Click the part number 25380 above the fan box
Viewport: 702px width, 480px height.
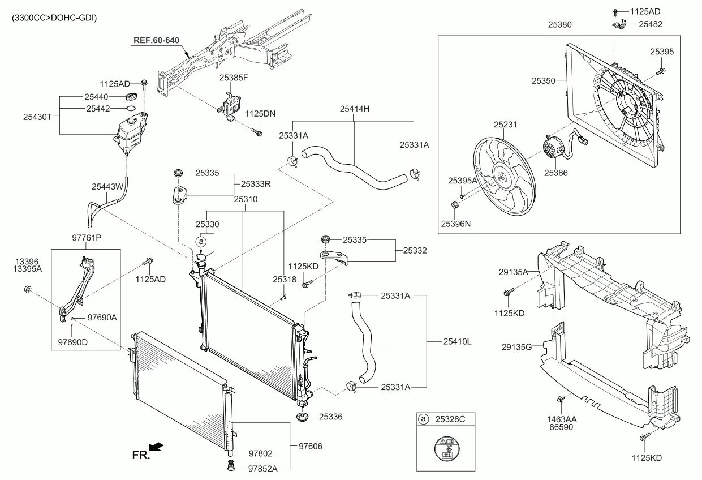[559, 25]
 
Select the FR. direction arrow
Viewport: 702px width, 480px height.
[157, 448]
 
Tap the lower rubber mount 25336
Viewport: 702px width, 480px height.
[304, 419]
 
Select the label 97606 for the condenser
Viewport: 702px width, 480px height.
[310, 447]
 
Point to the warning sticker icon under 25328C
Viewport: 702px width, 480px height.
[445, 451]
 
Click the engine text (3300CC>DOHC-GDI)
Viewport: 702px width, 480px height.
[54, 18]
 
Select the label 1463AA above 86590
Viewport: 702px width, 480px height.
[561, 420]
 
